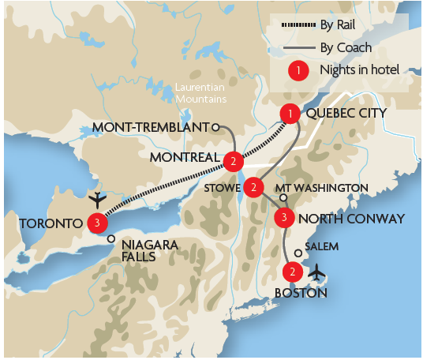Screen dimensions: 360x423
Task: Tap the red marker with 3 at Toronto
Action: [96, 223]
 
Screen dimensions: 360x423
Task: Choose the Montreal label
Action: [183, 158]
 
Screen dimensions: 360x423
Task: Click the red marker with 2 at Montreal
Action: [233, 162]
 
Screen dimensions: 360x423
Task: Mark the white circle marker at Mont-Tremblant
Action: [215, 126]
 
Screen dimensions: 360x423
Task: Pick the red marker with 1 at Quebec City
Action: [291, 115]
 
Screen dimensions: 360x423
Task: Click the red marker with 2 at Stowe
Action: [253, 187]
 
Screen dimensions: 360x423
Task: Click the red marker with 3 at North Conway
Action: [284, 217]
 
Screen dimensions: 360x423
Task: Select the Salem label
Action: [322, 246]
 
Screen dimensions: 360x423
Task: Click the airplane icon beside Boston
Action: [317, 272]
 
